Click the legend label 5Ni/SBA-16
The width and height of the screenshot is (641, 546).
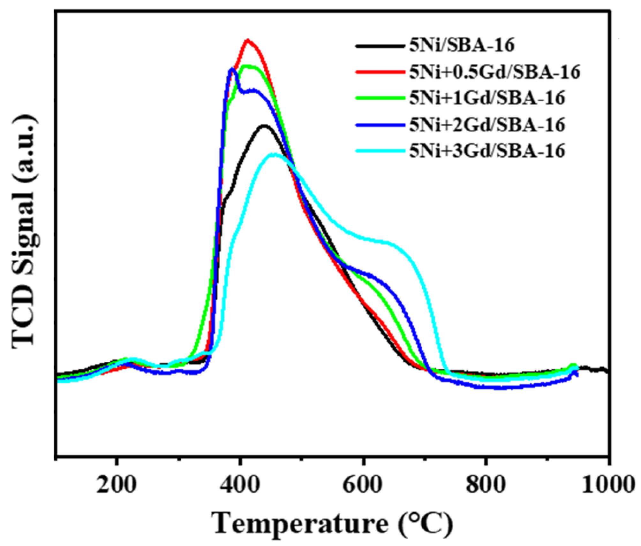point(462,45)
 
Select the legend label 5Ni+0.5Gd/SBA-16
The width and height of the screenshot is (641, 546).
point(494,72)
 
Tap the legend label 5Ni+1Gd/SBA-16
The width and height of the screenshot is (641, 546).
point(487,98)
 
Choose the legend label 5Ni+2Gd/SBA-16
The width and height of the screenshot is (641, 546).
point(487,125)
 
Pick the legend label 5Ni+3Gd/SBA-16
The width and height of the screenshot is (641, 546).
point(487,151)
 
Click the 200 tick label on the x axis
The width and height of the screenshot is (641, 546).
point(116,485)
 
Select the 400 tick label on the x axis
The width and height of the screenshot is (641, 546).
point(239,485)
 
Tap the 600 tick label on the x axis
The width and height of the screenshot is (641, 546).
point(362,485)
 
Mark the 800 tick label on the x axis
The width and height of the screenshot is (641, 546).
point(485,485)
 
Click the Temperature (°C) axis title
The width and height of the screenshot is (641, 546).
point(333,523)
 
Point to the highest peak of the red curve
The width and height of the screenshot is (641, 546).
point(248,40)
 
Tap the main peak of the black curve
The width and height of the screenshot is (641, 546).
point(264,126)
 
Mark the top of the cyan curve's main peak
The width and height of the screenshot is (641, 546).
point(274,154)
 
